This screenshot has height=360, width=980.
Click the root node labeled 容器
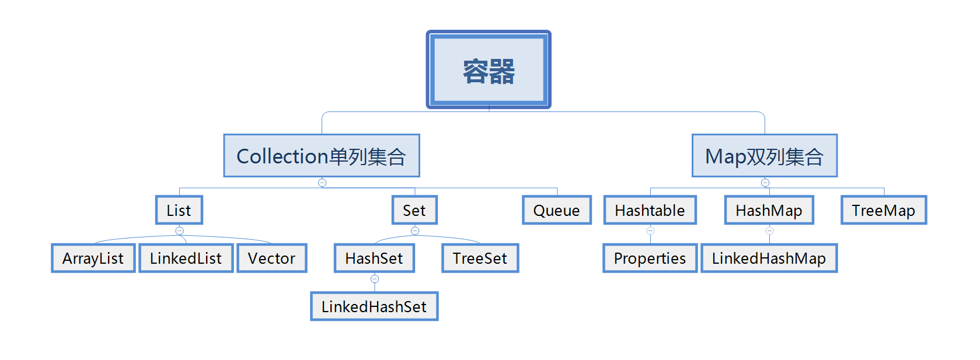[x=489, y=70]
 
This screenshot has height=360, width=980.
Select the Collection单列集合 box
[x=322, y=156]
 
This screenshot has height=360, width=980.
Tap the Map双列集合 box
[x=764, y=156]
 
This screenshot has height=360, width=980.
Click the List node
[x=179, y=210]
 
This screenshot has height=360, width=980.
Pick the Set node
[x=414, y=210]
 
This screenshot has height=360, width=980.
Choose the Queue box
[x=556, y=210]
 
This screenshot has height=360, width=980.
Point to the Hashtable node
[x=650, y=210]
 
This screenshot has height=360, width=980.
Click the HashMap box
[x=769, y=210]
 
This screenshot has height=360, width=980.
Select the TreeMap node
[x=883, y=210]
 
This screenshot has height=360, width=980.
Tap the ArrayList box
[x=93, y=258]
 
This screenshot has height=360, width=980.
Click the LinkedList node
[x=186, y=258]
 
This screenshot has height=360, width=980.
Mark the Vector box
[x=271, y=258]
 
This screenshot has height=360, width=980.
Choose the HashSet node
[x=374, y=258]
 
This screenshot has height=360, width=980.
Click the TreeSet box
[x=480, y=258]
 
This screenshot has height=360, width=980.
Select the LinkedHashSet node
[x=374, y=306]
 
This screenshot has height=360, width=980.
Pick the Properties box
[x=650, y=258]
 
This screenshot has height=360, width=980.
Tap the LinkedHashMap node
[x=769, y=258]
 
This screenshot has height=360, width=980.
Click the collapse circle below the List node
[x=180, y=230]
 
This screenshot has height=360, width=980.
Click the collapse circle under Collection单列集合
[x=322, y=183]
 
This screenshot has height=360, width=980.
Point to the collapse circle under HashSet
[x=375, y=279]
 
